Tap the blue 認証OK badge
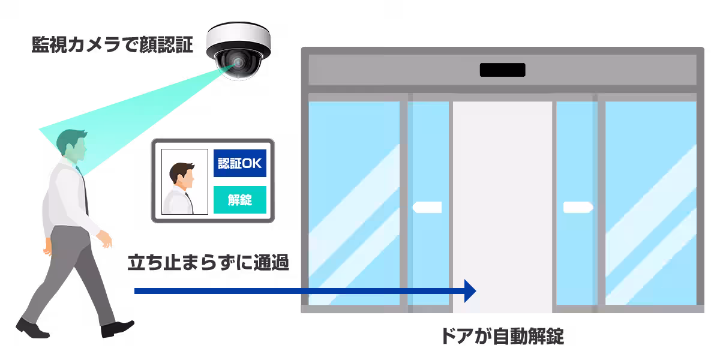pos(239,163)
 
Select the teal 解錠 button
pos(239,200)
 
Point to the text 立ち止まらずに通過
pos(208,263)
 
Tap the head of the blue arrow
pos(470,291)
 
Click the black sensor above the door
pos(502,70)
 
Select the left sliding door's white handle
pos(428,208)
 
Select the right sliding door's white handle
pos(577,208)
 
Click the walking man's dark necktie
pos(84,192)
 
